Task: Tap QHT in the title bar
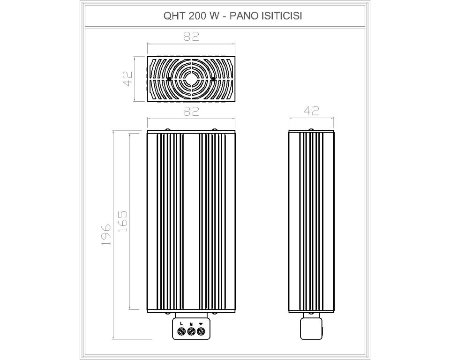pyautogui.click(x=172, y=15)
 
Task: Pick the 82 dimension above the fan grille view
pyautogui.click(x=191, y=37)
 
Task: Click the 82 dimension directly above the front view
pyautogui.click(x=191, y=112)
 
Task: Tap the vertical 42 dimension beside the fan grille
pyautogui.click(x=128, y=78)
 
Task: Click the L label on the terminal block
pyautogui.click(x=181, y=323)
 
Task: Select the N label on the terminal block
pyautogui.click(x=191, y=323)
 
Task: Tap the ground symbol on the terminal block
pyautogui.click(x=201, y=323)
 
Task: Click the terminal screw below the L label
pyautogui.click(x=181, y=332)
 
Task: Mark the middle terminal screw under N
pyautogui.click(x=191, y=332)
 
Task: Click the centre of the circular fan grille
pyautogui.click(x=191, y=79)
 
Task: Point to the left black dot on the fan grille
pyautogui.click(x=169, y=79)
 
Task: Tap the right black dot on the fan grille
pyautogui.click(x=213, y=79)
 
